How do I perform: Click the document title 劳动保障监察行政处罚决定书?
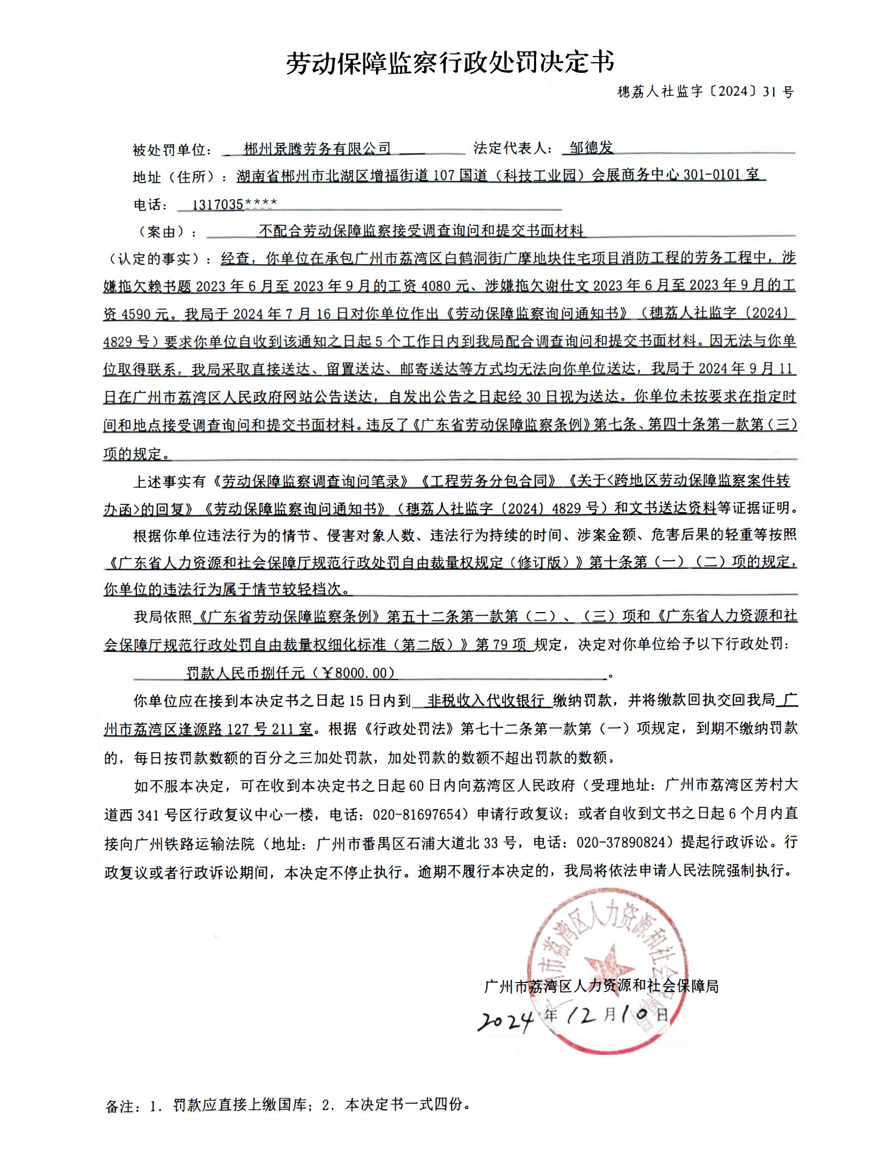tap(450, 63)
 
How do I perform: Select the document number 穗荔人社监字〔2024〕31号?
tap(705, 92)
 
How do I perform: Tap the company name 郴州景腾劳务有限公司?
tap(317, 149)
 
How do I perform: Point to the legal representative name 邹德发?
tap(591, 148)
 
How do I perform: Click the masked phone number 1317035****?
tap(234, 205)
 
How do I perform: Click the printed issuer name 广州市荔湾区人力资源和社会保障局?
tap(601, 986)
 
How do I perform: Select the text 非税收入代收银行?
tap(486, 701)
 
